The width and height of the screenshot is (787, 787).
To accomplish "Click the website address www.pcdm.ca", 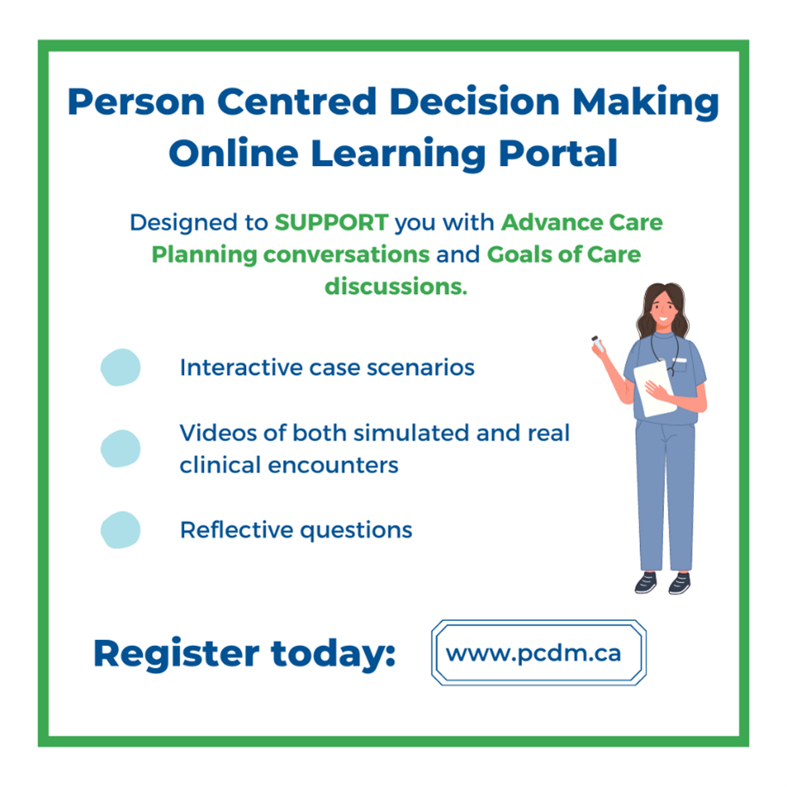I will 533,652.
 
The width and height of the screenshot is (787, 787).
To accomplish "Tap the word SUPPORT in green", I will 331,223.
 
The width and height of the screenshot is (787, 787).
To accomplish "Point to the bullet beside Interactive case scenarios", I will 120,368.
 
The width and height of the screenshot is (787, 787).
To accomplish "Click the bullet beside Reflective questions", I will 120,530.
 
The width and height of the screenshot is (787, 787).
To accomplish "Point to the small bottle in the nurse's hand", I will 595,341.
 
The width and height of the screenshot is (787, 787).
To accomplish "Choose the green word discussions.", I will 395,286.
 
